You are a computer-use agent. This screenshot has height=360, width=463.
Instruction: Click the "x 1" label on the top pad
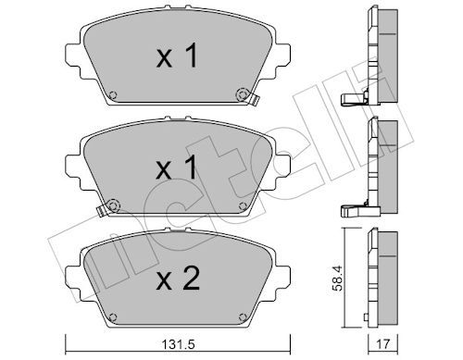click(x=176, y=57)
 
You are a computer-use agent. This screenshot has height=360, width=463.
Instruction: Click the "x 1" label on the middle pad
click(x=176, y=168)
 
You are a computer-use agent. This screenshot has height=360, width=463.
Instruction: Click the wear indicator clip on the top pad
click(x=245, y=93)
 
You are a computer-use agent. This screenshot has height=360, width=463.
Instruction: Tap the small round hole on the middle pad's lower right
click(x=242, y=205)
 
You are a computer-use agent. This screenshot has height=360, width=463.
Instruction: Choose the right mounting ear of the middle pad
click(x=279, y=168)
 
